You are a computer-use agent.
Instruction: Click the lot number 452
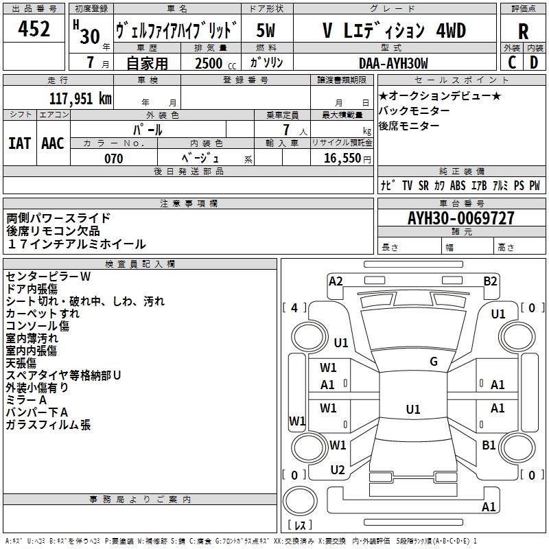(34, 30)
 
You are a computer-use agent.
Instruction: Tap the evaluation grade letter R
(523, 31)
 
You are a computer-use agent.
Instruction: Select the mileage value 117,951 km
(80, 98)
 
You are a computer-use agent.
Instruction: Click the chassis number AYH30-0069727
(460, 219)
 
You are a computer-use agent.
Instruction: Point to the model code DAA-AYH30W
(393, 63)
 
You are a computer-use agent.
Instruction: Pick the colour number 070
(113, 159)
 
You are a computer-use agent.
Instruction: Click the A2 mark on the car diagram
(336, 281)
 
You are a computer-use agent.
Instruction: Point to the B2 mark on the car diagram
(490, 281)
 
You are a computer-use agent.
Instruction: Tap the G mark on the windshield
(434, 362)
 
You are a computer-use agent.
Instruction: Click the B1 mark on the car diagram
(489, 445)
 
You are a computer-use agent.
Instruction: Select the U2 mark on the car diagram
(337, 470)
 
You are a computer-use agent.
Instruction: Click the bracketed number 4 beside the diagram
(294, 308)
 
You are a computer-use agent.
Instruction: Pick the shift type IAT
(19, 143)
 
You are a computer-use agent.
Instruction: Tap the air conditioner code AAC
(53, 143)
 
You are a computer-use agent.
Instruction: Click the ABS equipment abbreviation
(458, 186)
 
